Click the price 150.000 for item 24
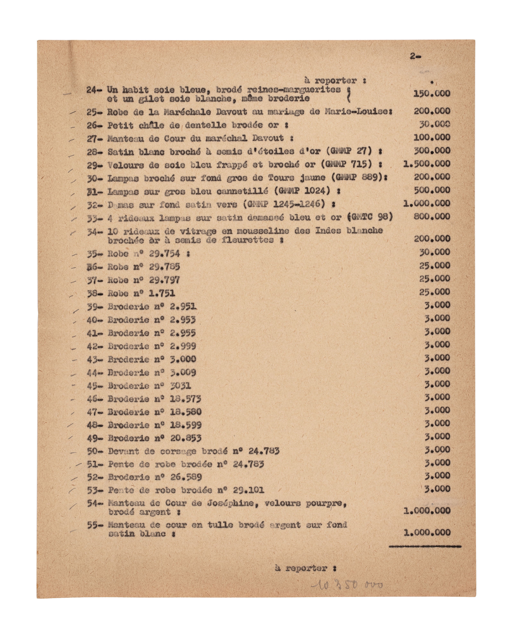tap(432, 93)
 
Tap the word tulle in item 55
tap(219, 525)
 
